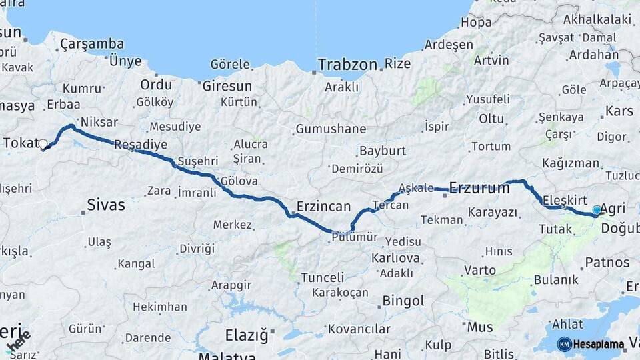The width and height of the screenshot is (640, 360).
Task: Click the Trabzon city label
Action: [x=347, y=65]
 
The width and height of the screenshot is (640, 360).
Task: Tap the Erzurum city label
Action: [x=479, y=188]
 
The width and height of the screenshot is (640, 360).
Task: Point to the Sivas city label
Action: [x=106, y=205]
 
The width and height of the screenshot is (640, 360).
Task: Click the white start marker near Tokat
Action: [x=43, y=144]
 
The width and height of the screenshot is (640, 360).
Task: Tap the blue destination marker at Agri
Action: [x=597, y=210]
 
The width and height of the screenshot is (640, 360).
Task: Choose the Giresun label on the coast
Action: [x=227, y=86]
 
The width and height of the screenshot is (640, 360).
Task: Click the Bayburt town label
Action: [x=382, y=151]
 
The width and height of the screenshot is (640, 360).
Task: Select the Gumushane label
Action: [x=331, y=129]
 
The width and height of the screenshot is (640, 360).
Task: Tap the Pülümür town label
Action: [x=353, y=237]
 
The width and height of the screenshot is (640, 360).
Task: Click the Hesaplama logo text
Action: [x=599, y=345]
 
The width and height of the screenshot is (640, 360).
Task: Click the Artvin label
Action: [x=491, y=61]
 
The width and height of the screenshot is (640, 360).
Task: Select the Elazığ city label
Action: [x=246, y=334]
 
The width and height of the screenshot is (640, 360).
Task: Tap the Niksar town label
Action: [x=99, y=123]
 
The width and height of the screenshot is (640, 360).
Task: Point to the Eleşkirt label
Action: [x=564, y=199]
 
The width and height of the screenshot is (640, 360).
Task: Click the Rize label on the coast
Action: [x=397, y=64]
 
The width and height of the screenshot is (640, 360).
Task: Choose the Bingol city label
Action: [x=403, y=301]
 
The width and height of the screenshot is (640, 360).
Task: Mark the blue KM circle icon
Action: [x=564, y=345]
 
